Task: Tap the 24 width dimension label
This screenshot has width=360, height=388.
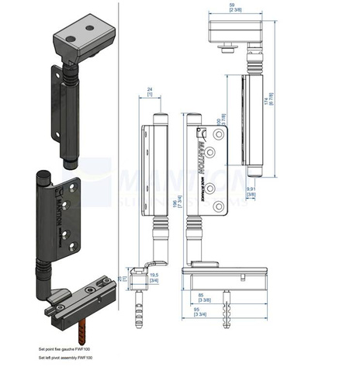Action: click(x=148, y=90)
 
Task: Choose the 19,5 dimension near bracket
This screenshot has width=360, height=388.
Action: click(x=154, y=275)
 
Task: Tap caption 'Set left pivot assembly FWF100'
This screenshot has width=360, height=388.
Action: click(x=66, y=358)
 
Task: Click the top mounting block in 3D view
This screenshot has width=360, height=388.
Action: click(x=84, y=40)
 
